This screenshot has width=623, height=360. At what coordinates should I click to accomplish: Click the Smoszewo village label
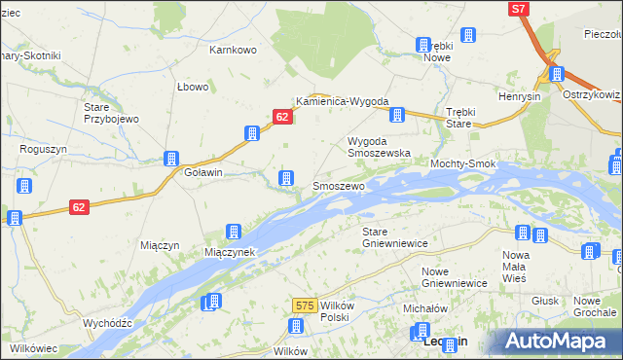338,185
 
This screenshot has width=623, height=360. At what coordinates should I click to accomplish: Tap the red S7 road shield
520,9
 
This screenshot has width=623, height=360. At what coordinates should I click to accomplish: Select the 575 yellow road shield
304,306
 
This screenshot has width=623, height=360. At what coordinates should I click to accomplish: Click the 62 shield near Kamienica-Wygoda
282,117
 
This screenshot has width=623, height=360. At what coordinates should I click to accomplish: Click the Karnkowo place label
233,49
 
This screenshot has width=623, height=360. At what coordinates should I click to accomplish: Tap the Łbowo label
194,87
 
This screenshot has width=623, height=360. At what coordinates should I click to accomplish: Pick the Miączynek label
230,252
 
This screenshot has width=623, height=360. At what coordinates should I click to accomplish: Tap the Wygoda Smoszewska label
380,147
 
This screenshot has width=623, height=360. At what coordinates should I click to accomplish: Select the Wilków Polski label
334,311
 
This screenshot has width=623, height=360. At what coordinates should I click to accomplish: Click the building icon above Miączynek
234,232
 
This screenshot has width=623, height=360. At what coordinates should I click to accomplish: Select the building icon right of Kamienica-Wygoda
397,116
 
